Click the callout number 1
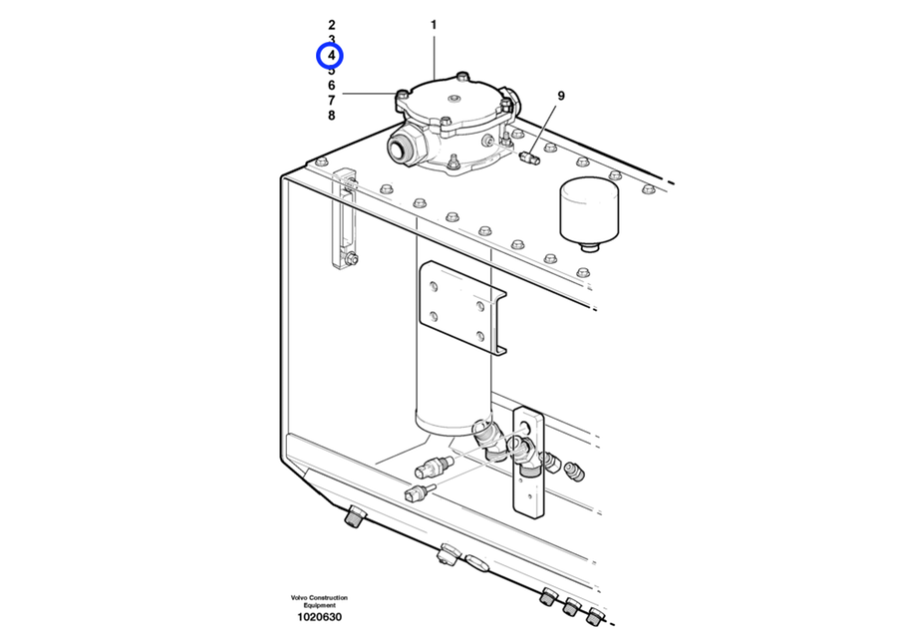(x=434, y=25)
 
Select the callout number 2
(x=332, y=25)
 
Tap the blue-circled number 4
(x=332, y=56)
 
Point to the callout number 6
(x=332, y=86)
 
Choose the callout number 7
(x=332, y=100)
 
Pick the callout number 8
(x=332, y=115)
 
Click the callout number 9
(x=560, y=96)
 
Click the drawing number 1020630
(x=319, y=617)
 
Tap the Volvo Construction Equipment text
(x=319, y=601)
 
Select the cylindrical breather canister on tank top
(x=589, y=213)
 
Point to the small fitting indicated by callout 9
(x=530, y=157)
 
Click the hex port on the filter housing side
(x=407, y=146)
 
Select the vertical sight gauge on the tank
(x=345, y=218)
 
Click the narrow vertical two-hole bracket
(x=528, y=463)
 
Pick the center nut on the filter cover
(x=454, y=99)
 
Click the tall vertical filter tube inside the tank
(x=453, y=337)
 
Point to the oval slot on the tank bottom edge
(x=476, y=562)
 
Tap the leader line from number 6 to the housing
(x=370, y=94)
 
